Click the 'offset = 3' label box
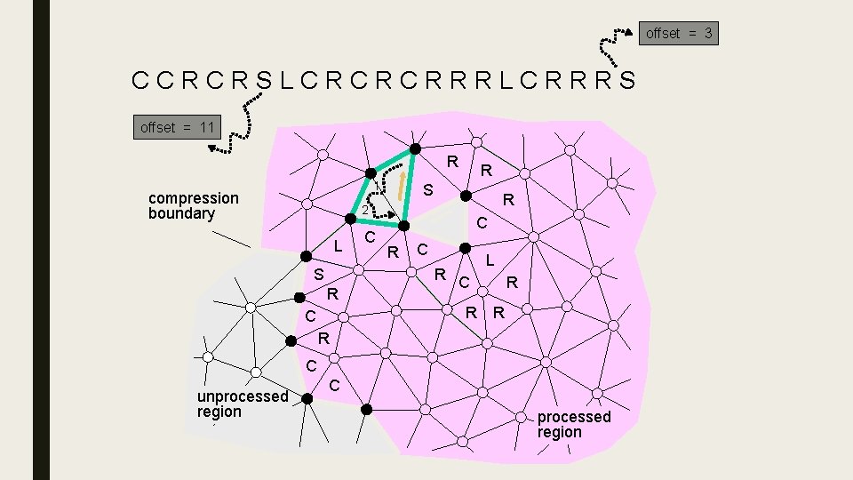pyautogui.click(x=679, y=34)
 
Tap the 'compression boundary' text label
pyautogui.click(x=193, y=205)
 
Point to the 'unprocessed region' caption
pyautogui.click(x=242, y=404)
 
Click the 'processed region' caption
pyautogui.click(x=573, y=424)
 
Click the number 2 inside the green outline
pyautogui.click(x=364, y=211)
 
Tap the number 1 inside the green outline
pyautogui.click(x=377, y=187)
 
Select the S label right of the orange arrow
pyautogui.click(x=427, y=190)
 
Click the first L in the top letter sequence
pyautogui.click(x=285, y=81)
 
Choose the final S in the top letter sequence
pyautogui.click(x=627, y=81)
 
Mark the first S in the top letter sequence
pyautogui.click(x=263, y=81)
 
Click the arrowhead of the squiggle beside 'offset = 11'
pyautogui.click(x=214, y=148)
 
